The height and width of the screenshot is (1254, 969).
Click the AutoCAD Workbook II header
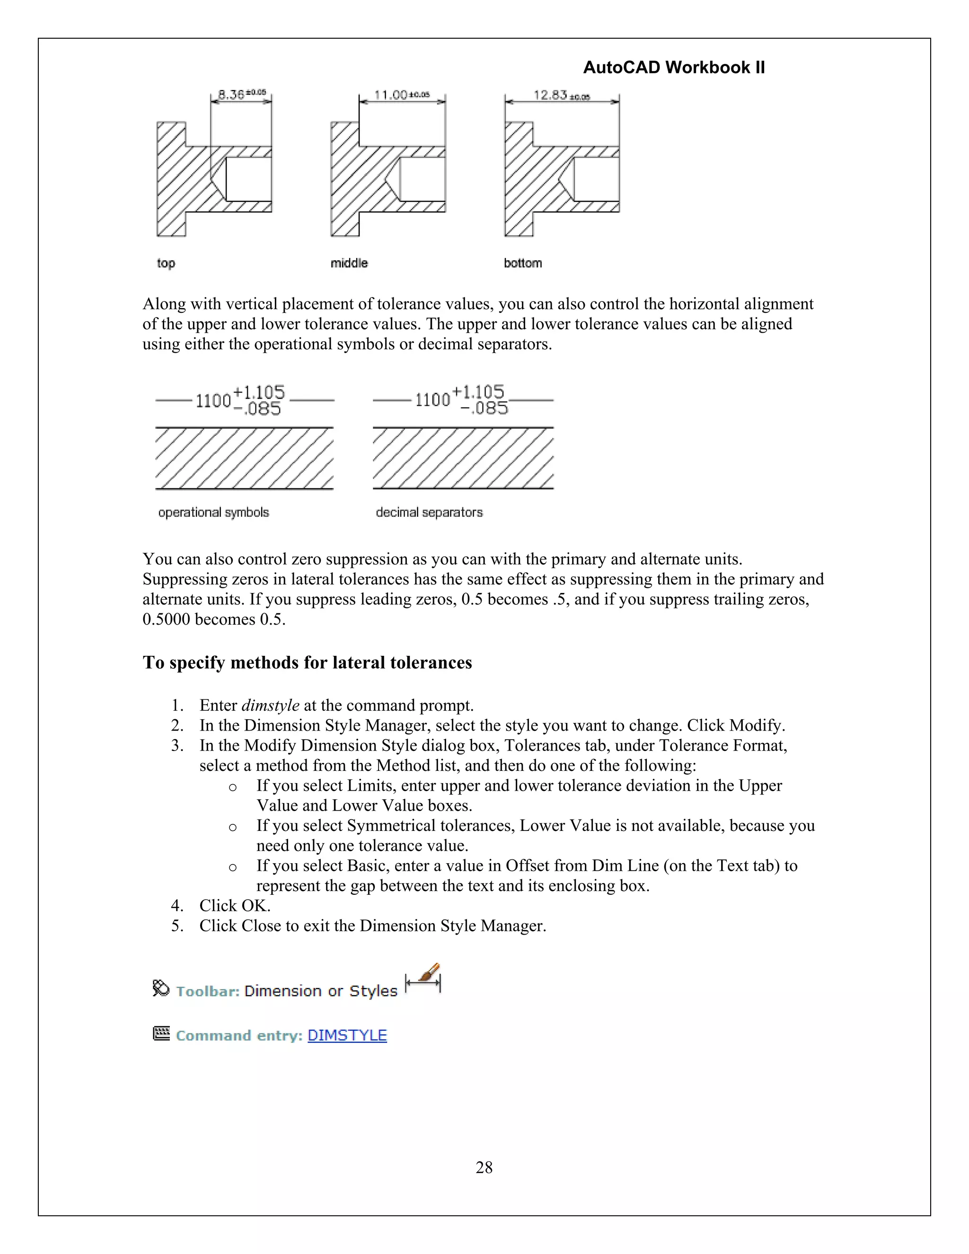673,68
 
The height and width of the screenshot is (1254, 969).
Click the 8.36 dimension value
231,94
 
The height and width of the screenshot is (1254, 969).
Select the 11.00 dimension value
390,95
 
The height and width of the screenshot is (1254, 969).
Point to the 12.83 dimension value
550,95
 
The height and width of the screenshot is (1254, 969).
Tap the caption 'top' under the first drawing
166,263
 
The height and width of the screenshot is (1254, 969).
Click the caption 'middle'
349,263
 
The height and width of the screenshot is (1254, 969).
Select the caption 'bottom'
522,263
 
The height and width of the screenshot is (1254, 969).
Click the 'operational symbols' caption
213,512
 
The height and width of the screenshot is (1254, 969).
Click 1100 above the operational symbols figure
213,401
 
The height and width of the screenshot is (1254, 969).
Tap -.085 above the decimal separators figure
484,408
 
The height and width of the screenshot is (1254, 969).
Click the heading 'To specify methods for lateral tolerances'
307,662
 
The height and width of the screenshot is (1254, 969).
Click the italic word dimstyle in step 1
270,705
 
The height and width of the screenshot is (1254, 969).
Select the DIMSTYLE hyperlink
347,1035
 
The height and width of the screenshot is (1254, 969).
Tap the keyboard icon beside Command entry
161,1033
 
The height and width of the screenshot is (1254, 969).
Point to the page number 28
484,1167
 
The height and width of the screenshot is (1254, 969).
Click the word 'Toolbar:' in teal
207,991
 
